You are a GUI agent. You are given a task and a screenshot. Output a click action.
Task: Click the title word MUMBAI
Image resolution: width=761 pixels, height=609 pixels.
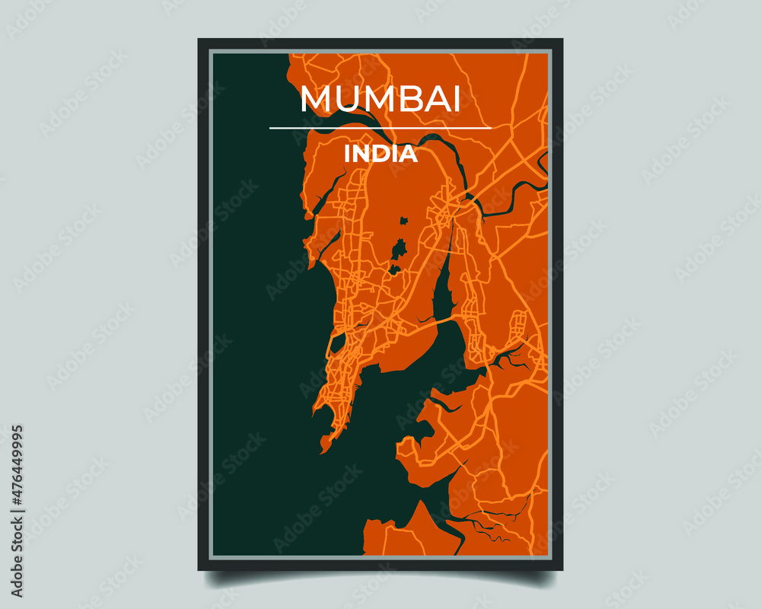[x=380, y=100]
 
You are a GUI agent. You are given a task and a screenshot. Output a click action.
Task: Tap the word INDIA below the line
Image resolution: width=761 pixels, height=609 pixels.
[x=380, y=154]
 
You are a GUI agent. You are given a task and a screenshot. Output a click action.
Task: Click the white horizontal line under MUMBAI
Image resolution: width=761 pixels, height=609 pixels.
[x=380, y=128]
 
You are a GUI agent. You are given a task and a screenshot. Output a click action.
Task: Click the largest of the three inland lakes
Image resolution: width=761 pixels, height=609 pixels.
[x=399, y=250]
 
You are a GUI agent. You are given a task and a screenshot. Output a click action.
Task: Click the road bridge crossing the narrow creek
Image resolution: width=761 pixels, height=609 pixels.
[x=434, y=323]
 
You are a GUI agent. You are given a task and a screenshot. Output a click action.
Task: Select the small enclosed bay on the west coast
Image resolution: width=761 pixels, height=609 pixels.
[x=337, y=343]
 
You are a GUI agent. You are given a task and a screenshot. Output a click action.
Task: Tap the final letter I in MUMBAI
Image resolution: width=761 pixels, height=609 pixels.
[x=456, y=100]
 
